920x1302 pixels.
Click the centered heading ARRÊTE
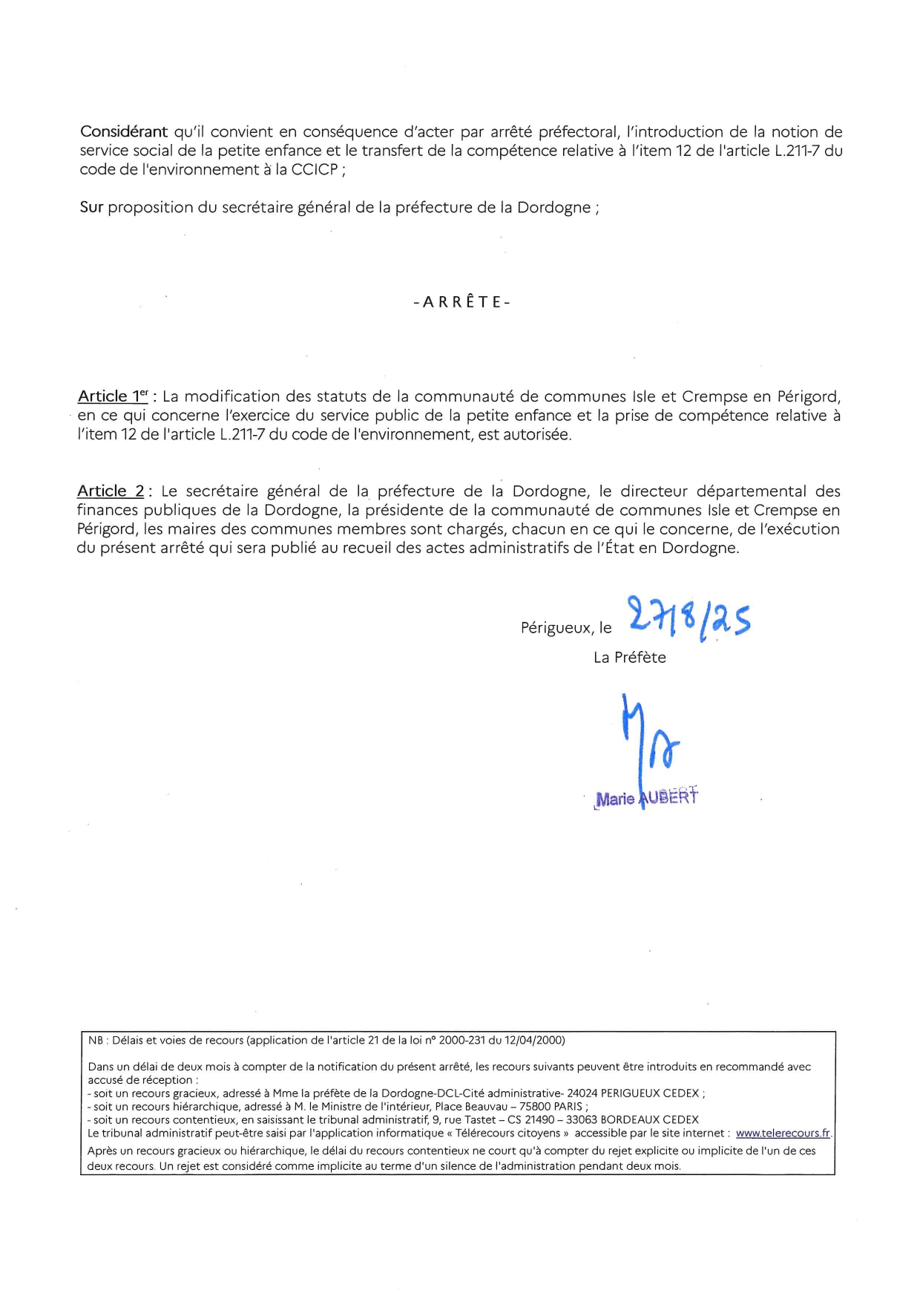(461, 302)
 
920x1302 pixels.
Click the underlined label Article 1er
(114, 396)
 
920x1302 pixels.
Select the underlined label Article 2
(111, 491)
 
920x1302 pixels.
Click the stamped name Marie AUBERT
(646, 797)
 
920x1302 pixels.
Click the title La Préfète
(629, 658)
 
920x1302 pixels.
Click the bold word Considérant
(124, 132)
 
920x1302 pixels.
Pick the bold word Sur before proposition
(91, 208)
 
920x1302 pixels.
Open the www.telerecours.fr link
(783, 1133)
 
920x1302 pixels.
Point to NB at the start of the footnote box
(96, 1041)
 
